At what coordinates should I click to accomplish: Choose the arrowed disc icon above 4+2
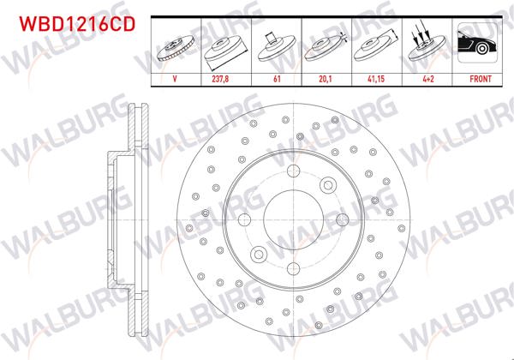[426, 45]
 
